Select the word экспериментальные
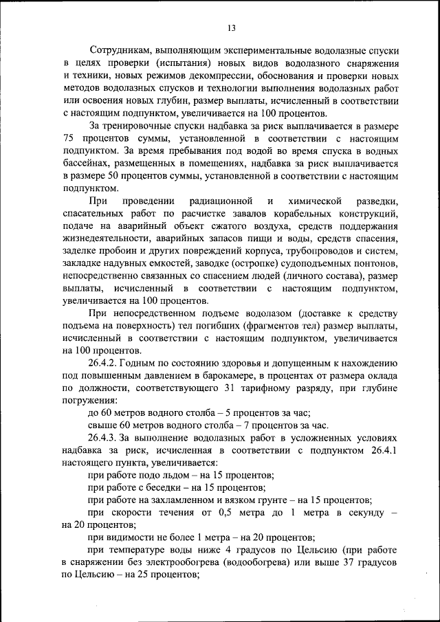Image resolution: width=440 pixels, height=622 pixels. coord(257,51)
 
